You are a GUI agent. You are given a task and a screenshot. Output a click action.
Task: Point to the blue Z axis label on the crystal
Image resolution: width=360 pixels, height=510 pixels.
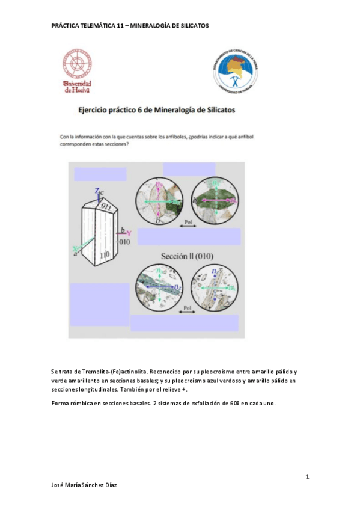point(97,190)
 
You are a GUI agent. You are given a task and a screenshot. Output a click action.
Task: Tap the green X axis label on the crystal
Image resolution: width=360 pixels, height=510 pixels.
point(75,248)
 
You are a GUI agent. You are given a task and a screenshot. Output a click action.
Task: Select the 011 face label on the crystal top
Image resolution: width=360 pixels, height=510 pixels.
point(106,206)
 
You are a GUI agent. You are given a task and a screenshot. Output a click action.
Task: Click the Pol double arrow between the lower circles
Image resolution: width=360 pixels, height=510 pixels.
point(188,309)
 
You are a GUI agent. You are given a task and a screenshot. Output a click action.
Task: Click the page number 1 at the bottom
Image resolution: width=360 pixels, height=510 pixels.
point(307,477)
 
